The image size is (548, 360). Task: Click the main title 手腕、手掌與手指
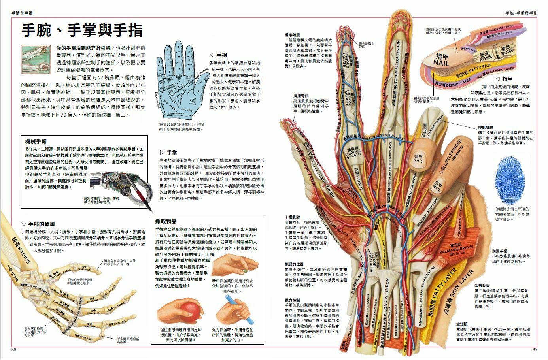pyautogui.click(x=82, y=30)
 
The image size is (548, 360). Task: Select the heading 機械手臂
pyautogui.click(x=36, y=141)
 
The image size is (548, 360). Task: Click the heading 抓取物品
pyautogui.click(x=166, y=221)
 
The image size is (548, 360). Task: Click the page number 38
pyautogui.click(x=14, y=349)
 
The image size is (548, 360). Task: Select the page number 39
pyautogui.click(x=535, y=349)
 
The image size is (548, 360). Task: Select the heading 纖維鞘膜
pyautogui.click(x=292, y=35)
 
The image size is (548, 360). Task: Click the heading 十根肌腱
pyautogui.click(x=292, y=217)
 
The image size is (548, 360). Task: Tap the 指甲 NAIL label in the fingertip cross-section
pyautogui.click(x=441, y=60)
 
